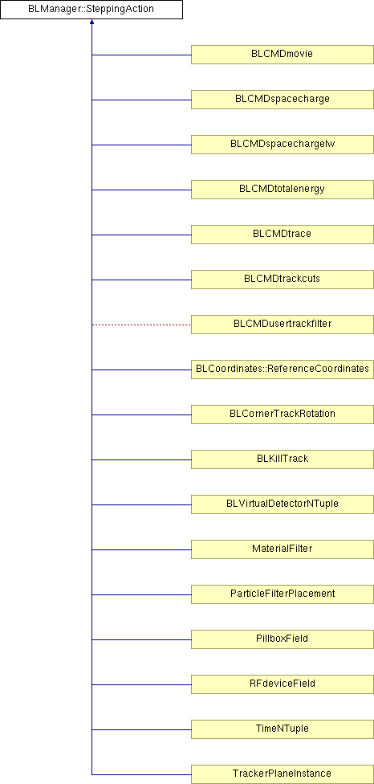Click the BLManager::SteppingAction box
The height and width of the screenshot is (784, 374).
coord(91,10)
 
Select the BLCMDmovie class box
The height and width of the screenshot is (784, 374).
coord(283,55)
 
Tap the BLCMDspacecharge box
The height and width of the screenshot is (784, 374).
coord(283,100)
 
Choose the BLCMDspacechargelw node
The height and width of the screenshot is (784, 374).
coord(283,145)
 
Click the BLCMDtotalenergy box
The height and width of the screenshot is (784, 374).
coord(283,190)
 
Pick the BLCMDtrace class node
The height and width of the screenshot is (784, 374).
coord(283,235)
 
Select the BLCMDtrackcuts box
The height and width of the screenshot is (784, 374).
coord(283,280)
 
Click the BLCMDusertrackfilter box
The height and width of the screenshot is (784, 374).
coord(283,325)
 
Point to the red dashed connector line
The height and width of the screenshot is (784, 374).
coord(141,325)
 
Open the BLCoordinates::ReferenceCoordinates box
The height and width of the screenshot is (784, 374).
coord(283,370)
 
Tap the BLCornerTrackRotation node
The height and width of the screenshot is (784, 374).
coord(283,414)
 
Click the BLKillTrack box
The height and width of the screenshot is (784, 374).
coord(283,459)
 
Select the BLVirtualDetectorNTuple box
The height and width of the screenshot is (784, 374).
coord(283,504)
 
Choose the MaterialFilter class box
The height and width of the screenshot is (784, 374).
coord(283,549)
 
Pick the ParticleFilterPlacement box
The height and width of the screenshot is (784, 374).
coord(283,594)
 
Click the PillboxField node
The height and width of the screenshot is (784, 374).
coord(283,639)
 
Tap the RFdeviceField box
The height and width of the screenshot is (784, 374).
coord(283,684)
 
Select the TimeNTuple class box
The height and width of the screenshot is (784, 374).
coord(283,729)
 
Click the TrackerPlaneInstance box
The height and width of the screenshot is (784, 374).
coord(283,774)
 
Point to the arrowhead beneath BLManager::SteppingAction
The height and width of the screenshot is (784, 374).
coord(91,22)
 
